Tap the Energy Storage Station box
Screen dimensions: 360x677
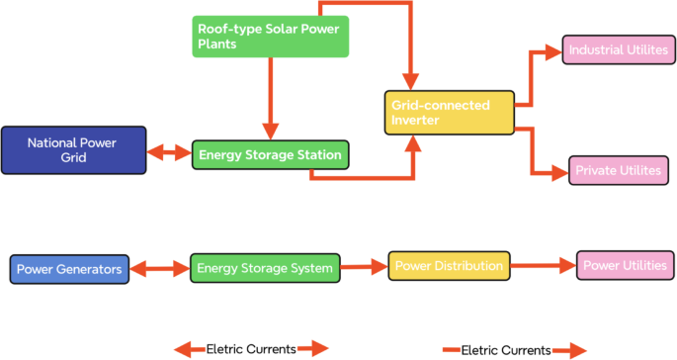pyautogui.click(x=270, y=154)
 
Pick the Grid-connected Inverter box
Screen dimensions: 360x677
pyautogui.click(x=449, y=113)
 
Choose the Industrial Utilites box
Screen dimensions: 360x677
pyautogui.click(x=618, y=49)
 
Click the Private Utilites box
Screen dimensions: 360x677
pyautogui.click(x=618, y=170)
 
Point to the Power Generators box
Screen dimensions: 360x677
pyautogui.click(x=69, y=268)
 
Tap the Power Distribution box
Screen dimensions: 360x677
pyautogui.click(x=450, y=266)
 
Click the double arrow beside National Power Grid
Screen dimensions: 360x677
pyautogui.click(x=169, y=153)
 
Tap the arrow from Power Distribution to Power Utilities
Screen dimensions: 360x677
pyautogui.click(x=543, y=266)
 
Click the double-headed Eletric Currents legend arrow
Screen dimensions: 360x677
pyautogui.click(x=251, y=348)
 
